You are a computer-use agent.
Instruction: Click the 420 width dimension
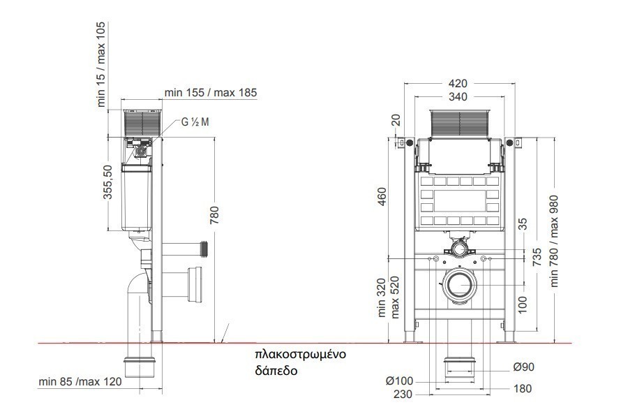pos(458,83)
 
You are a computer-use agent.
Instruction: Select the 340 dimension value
pos(458,96)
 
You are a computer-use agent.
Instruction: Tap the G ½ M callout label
pos(195,122)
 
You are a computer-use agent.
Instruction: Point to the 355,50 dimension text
pos(108,182)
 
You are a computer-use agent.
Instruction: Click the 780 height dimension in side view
pos(215,215)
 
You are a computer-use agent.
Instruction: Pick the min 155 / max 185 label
pos(211,92)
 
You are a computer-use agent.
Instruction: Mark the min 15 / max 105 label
pos(101,64)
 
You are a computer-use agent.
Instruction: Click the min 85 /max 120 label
pos(80,381)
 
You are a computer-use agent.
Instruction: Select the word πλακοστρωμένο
pos(300,355)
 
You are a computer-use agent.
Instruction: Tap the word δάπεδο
pos(276,370)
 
